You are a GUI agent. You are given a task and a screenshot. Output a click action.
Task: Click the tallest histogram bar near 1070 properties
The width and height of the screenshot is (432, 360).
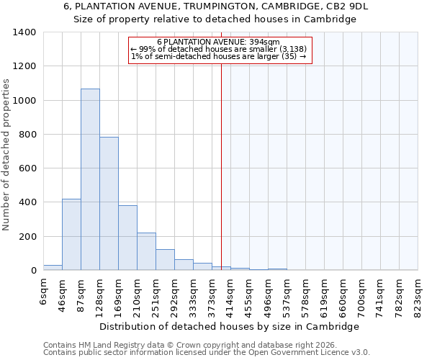click(x=90, y=180)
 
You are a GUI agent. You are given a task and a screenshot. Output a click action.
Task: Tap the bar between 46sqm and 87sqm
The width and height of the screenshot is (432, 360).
click(x=71, y=235)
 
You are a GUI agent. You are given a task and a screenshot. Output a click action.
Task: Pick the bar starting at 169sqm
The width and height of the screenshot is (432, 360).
click(x=127, y=238)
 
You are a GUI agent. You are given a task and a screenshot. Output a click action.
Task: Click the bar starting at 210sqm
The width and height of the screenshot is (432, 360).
click(x=146, y=251)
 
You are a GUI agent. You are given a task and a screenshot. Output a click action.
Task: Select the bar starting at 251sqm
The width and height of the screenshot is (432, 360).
click(x=165, y=260)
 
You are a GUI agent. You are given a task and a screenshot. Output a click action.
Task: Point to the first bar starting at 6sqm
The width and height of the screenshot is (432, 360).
click(x=53, y=267)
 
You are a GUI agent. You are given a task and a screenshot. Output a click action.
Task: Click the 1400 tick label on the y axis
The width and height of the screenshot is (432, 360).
click(x=24, y=32)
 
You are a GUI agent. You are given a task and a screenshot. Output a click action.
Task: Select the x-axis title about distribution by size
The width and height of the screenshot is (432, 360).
click(x=229, y=326)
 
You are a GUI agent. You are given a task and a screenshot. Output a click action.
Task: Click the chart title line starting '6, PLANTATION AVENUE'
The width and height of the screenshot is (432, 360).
click(x=215, y=6)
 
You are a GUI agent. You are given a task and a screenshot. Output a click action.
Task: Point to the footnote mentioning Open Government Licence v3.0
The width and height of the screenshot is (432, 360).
click(x=207, y=352)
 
